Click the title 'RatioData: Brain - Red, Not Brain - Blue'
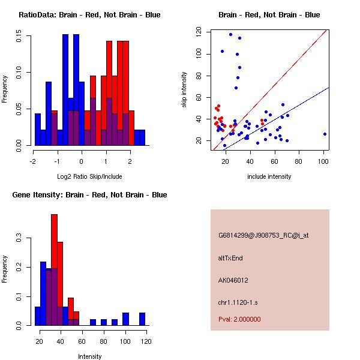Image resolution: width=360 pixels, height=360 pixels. click(x=89, y=15)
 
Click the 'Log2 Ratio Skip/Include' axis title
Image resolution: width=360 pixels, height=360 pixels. click(x=89, y=176)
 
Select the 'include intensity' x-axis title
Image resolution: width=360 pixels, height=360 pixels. click(x=269, y=176)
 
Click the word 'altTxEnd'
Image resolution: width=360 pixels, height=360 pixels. click(x=230, y=258)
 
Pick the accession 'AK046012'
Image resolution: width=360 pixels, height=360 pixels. click(x=233, y=280)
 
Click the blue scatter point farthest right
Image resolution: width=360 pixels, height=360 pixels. click(x=325, y=134)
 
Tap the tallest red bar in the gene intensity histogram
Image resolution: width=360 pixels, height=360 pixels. click(x=54, y=269)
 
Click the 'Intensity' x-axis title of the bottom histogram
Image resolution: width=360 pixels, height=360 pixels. click(x=89, y=356)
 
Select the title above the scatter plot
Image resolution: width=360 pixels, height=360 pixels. click(x=269, y=15)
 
